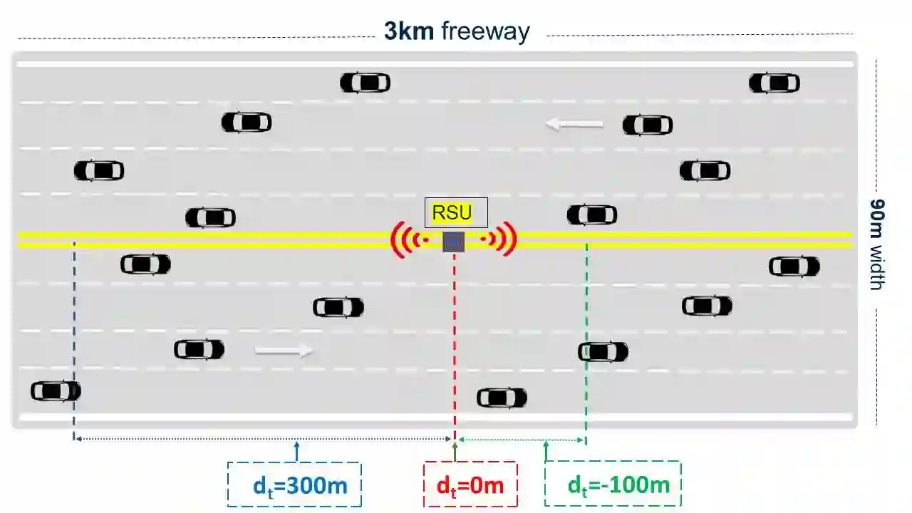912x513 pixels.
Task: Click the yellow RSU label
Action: [452, 212]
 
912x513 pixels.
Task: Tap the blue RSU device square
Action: [454, 242]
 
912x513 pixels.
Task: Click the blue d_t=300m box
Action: [294, 485]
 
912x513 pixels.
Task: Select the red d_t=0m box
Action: [470, 485]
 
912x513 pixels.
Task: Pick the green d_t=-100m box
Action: [613, 485]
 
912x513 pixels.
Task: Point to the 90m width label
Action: [877, 244]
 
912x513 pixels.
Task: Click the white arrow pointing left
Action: [574, 125]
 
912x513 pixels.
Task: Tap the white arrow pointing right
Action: [284, 350]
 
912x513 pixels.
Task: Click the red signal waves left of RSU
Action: [408, 240]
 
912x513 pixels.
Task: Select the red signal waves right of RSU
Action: [500, 240]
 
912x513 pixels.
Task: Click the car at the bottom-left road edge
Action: [56, 391]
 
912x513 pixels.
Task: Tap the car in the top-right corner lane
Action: [774, 83]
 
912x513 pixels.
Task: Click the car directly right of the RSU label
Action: [591, 214]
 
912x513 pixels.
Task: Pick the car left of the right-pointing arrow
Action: [199, 349]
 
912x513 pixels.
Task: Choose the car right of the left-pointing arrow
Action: [647, 125]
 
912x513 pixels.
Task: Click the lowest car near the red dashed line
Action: [502, 398]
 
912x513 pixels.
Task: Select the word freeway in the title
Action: [485, 31]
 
